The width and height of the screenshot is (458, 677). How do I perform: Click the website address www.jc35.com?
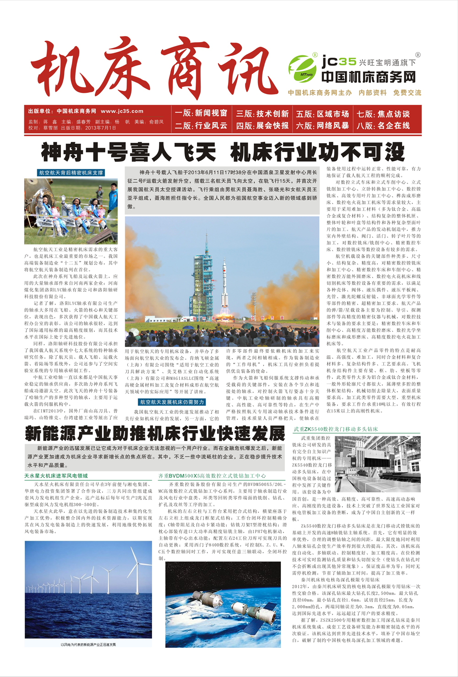click(x=122, y=111)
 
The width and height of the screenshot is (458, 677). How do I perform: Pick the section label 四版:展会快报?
click(x=262, y=125)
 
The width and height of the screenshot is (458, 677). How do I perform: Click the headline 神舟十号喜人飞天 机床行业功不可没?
click(x=223, y=152)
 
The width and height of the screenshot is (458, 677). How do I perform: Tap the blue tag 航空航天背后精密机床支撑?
click(x=71, y=173)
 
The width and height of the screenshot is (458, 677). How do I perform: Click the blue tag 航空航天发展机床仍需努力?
click(x=172, y=402)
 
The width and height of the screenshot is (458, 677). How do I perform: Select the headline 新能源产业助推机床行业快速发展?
click(x=155, y=433)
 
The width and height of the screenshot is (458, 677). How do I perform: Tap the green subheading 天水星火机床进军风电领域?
click(x=56, y=476)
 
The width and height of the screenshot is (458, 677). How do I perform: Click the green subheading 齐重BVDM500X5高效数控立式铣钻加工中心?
click(x=212, y=476)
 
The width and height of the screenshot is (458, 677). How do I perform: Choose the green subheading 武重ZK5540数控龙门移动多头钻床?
click(x=336, y=429)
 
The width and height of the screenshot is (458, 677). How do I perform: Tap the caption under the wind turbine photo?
click(x=88, y=645)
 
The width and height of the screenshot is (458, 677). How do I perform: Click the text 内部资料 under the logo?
click(x=372, y=92)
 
